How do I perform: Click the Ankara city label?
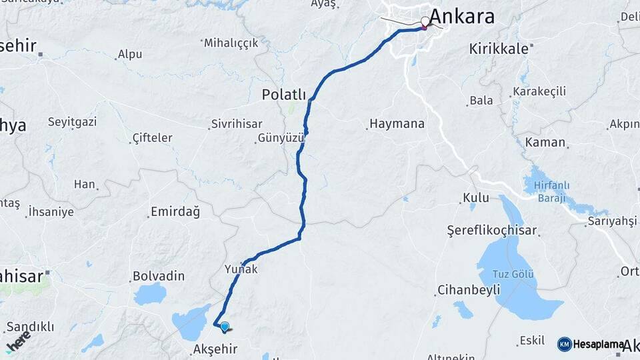click(x=462, y=16)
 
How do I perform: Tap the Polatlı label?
click(x=283, y=95)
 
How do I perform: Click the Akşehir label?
click(x=215, y=349)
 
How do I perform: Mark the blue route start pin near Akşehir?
click(x=225, y=327)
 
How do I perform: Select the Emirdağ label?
click(x=175, y=212)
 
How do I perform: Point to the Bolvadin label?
click(x=158, y=275)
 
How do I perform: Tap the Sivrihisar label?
click(x=236, y=124)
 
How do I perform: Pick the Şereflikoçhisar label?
click(x=491, y=231)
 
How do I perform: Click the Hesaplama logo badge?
click(x=591, y=344)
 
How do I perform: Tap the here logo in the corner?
click(x=18, y=341)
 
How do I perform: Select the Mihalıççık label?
click(x=231, y=43)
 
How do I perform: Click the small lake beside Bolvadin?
click(x=150, y=293)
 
